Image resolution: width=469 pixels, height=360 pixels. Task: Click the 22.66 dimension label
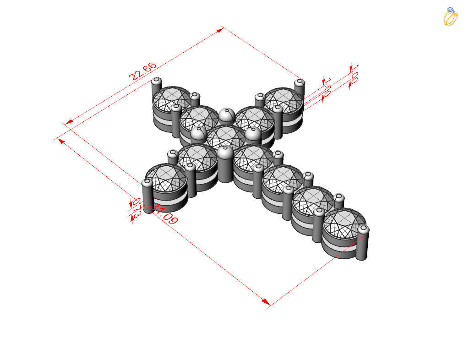[x=143, y=71]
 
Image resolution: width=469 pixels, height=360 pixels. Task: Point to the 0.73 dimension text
[x=136, y=207]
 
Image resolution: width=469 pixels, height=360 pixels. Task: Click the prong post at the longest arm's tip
[x=363, y=242]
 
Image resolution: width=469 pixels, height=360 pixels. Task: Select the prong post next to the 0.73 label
[x=147, y=197]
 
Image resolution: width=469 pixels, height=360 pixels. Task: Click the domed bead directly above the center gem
[x=226, y=115]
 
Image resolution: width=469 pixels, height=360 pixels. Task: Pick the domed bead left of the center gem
[x=197, y=134]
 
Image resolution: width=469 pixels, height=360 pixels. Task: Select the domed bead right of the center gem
[x=253, y=134]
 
